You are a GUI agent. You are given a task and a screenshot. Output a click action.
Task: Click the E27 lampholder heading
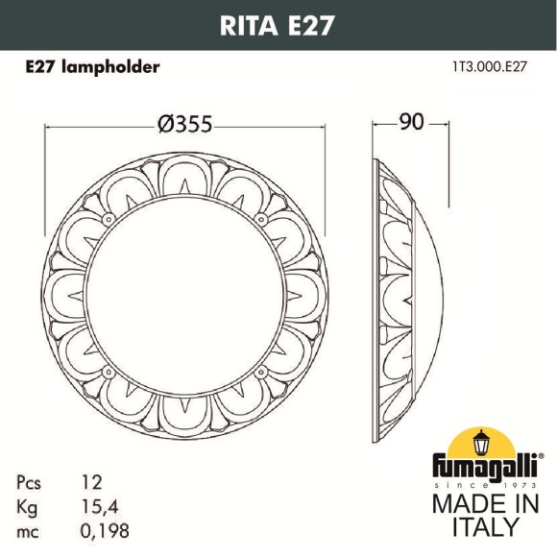[x=91, y=67]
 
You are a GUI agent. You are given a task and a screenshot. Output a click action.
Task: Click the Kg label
[x=28, y=505]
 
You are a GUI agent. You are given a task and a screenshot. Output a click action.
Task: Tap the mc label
[x=29, y=529]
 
